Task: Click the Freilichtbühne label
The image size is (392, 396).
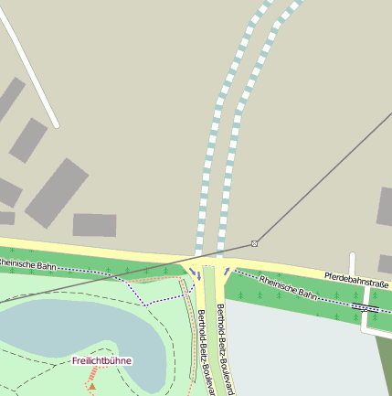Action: click(102, 361)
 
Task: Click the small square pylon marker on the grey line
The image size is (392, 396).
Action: click(254, 242)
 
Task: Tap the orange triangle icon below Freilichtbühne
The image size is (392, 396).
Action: click(91, 386)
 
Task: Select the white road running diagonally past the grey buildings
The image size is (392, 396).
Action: click(32, 69)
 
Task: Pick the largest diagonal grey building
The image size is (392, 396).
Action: click(57, 192)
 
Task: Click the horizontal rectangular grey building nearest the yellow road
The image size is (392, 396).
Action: click(94, 225)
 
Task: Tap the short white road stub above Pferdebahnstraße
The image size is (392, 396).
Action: click(352, 262)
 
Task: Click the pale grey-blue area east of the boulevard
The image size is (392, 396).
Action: click(302, 357)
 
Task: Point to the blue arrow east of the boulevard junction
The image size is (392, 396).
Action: click(228, 272)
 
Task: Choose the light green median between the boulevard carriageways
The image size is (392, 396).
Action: click(210, 311)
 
